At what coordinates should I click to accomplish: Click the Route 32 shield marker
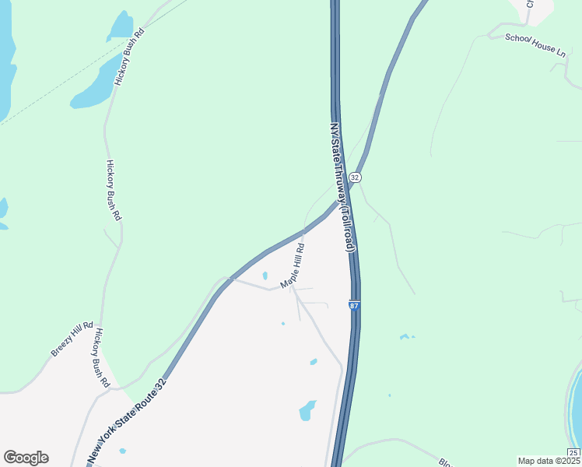tap(355, 177)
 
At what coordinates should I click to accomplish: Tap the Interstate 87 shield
tap(354, 307)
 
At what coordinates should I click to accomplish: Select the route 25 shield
tap(573, 452)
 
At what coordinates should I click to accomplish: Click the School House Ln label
tap(535, 43)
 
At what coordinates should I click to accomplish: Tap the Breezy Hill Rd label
tap(72, 339)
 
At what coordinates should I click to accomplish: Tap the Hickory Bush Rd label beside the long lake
tap(129, 57)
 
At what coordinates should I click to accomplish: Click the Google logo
tap(26, 458)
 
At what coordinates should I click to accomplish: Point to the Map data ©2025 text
tap(549, 461)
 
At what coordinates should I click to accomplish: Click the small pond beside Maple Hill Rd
tap(265, 275)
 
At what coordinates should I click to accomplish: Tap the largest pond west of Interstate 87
tap(307, 409)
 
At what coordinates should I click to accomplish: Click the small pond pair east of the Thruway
tap(405, 336)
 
